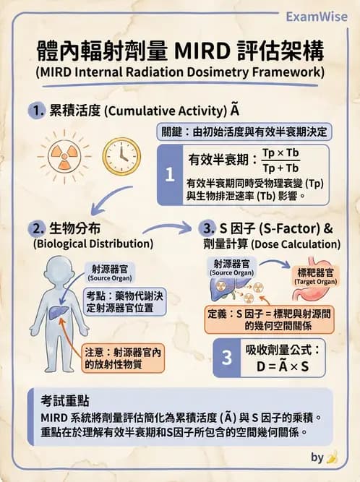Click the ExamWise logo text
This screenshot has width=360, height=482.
tap(321, 16)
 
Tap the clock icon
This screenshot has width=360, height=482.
tap(121, 155)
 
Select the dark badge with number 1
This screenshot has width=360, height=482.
tap(169, 175)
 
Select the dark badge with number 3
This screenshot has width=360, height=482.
tap(226, 357)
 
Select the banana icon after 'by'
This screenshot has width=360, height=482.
tap(332, 457)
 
